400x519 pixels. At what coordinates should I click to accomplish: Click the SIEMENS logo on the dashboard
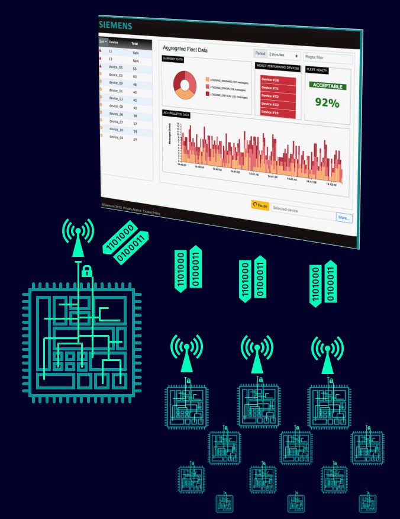(115, 25)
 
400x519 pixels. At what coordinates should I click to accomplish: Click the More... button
(344, 218)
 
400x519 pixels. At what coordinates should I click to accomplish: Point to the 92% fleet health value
(327, 103)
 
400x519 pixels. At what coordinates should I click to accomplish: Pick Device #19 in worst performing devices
(270, 112)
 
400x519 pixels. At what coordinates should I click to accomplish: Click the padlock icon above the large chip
(87, 272)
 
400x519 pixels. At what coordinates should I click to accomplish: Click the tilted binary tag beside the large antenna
(126, 242)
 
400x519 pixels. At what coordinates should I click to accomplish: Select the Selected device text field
(302, 210)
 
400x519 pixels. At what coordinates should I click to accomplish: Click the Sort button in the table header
(103, 41)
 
